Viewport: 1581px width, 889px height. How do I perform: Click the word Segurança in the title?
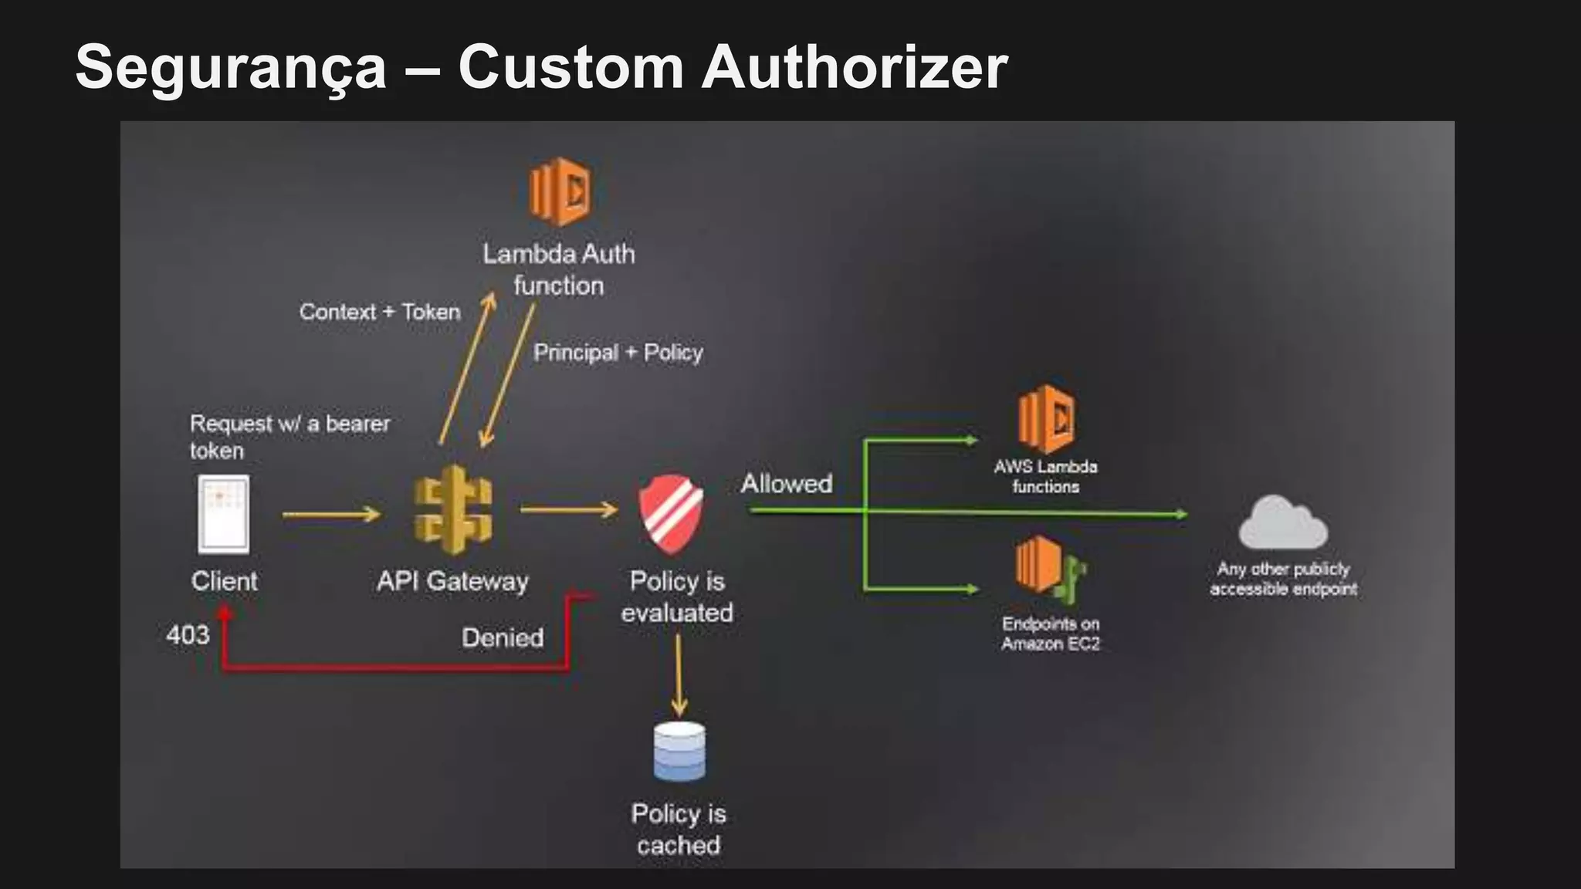[x=231, y=68]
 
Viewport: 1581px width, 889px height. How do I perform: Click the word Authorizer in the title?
[x=854, y=68]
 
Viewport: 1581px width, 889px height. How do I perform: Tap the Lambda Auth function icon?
[x=560, y=191]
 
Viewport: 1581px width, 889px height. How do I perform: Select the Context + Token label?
[x=380, y=312]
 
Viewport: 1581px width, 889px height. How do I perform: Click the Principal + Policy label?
[x=618, y=353]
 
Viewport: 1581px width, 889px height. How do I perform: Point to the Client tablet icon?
[x=224, y=514]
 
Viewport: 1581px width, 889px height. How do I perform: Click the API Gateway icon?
[x=453, y=510]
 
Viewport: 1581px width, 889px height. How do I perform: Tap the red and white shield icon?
[x=671, y=514]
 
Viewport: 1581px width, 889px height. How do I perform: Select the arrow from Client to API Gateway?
[x=331, y=514]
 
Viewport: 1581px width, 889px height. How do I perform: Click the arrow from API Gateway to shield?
[x=569, y=509]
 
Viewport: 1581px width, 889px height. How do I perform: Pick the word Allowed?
[x=787, y=484]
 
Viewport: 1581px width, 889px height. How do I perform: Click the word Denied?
[x=503, y=637]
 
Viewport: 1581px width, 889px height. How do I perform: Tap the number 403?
[x=188, y=635]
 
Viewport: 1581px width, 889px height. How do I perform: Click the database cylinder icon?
[x=679, y=752]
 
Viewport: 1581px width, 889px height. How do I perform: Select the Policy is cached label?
[x=679, y=829]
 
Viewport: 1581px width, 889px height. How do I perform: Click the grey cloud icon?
[x=1283, y=523]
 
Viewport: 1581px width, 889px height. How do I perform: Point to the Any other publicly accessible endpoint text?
[x=1283, y=579]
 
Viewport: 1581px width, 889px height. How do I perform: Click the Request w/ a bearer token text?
[x=289, y=436]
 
